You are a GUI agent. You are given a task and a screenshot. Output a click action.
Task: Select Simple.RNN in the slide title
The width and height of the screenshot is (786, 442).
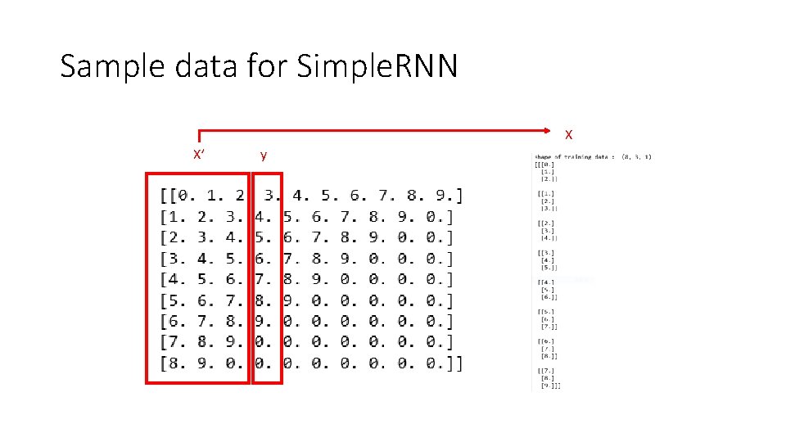tap(377, 66)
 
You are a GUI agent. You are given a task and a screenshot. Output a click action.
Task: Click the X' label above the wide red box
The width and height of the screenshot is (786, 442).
tap(198, 155)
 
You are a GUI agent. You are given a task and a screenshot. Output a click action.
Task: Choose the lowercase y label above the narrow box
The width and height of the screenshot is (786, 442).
tap(263, 155)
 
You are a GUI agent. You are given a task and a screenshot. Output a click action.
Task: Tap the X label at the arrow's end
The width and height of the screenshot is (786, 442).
tap(568, 133)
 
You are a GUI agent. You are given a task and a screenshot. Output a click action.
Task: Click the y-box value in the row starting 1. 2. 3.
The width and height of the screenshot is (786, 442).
tap(264, 217)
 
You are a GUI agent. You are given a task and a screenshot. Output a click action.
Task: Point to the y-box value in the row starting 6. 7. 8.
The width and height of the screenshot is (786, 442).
tap(264, 322)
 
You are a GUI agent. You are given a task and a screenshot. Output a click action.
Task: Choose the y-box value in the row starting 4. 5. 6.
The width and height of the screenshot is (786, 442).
tap(264, 279)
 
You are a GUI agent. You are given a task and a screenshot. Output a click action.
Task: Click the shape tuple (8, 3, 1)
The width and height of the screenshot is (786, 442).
tap(636, 156)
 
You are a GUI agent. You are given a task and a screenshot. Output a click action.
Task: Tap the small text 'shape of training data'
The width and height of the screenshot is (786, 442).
tap(573, 156)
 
